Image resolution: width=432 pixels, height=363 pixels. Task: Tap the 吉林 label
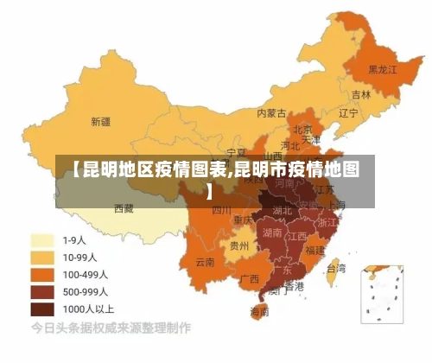(361, 93)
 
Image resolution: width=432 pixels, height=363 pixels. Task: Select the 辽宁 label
(348, 112)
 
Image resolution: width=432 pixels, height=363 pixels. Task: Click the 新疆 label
(100, 121)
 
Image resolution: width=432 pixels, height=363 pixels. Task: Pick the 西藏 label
(124, 208)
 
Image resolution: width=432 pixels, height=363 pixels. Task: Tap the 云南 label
(205, 261)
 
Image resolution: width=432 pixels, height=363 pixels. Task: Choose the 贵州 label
(239, 245)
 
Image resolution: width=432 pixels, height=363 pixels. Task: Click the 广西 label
(249, 278)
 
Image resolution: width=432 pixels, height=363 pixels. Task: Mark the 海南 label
(259, 311)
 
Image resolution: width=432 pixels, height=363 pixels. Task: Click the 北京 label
(302, 129)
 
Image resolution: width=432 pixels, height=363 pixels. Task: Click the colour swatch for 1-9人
(42, 239)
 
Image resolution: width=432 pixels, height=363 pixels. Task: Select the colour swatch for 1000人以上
(42, 309)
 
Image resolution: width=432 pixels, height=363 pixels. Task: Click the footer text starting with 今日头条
(111, 329)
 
